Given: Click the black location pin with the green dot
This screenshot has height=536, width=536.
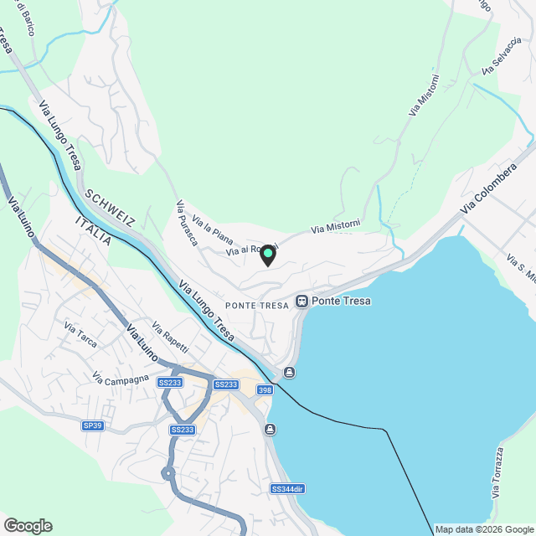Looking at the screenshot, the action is pyautogui.click(x=268, y=255).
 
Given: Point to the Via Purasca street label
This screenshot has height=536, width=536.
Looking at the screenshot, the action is pyautogui.click(x=186, y=224).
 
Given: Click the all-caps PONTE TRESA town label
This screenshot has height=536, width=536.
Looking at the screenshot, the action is pyautogui.click(x=256, y=305).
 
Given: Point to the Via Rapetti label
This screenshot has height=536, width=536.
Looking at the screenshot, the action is pyautogui.click(x=170, y=337).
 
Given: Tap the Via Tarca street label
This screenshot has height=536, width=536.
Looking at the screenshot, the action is pyautogui.click(x=80, y=339).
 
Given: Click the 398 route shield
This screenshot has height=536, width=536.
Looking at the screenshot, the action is pyautogui.click(x=265, y=389).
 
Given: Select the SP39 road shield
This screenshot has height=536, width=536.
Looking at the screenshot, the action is pyautogui.click(x=93, y=425).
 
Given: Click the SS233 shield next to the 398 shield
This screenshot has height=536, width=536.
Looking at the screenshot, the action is pyautogui.click(x=226, y=384).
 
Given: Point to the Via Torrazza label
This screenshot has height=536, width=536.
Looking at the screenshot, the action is pyautogui.click(x=498, y=474).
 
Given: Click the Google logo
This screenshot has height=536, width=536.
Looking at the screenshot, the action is pyautogui.click(x=28, y=526).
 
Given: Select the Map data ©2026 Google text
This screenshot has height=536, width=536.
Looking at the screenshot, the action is pyautogui.click(x=484, y=529).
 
